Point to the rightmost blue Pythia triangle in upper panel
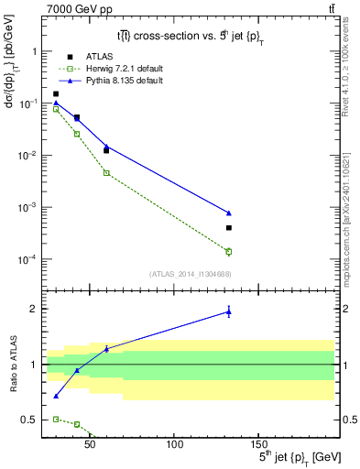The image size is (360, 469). (229, 213)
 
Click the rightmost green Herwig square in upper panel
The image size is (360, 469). (229, 251)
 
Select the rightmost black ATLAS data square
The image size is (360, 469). (229, 228)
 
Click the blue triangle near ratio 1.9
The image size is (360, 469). (229, 312)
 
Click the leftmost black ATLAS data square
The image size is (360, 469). (56, 93)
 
